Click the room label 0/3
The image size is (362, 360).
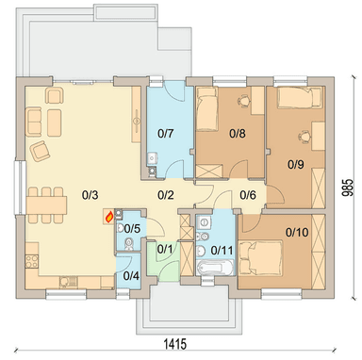pyautogui.click(x=90, y=195)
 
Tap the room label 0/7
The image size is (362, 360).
pyautogui.click(x=165, y=134)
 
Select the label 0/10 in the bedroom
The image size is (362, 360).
pyautogui.click(x=297, y=233)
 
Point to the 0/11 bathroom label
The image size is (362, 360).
pyautogui.click(x=222, y=251)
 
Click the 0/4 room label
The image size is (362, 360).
pyautogui.click(x=131, y=276)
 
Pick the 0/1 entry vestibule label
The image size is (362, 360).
pyautogui.click(x=165, y=250)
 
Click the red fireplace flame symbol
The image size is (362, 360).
pyautogui.click(x=109, y=217)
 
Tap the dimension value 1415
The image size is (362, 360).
pyautogui.click(x=175, y=344)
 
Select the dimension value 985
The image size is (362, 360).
pyautogui.click(x=347, y=188)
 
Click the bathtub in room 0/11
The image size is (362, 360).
pyautogui.click(x=215, y=268)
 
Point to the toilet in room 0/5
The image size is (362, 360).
pyautogui.click(x=128, y=244)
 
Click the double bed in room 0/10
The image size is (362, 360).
pyautogui.click(x=260, y=254)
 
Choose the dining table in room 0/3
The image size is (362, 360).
pyautogui.click(x=46, y=205)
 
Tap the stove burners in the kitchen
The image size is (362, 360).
pyautogui.click(x=32, y=261)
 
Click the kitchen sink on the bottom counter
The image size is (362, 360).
pyautogui.click(x=69, y=281)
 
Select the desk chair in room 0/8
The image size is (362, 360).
pyautogui.click(x=243, y=101)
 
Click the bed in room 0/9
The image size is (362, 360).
pyautogui.click(x=300, y=98)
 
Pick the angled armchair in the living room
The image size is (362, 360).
pyautogui.click(x=40, y=151)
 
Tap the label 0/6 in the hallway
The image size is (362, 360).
pyautogui.click(x=248, y=195)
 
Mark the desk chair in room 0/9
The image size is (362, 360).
pyautogui.click(x=304, y=137)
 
